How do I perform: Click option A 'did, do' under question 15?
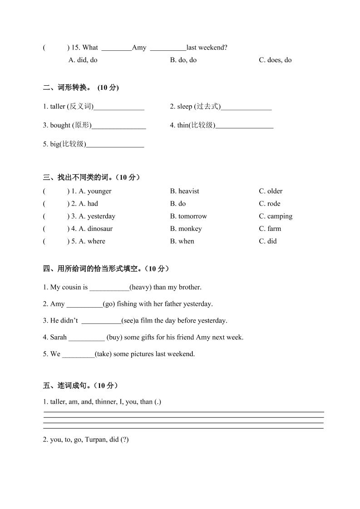83,60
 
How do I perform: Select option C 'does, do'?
275,60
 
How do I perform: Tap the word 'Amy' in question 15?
139,47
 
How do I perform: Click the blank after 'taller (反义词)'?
119,107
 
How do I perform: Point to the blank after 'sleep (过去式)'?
246,107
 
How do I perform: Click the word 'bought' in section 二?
60,125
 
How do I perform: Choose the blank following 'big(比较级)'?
115,144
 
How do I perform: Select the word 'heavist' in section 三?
188,191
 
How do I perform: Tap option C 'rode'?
274,204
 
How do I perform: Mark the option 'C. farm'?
270,229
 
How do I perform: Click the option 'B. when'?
182,241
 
